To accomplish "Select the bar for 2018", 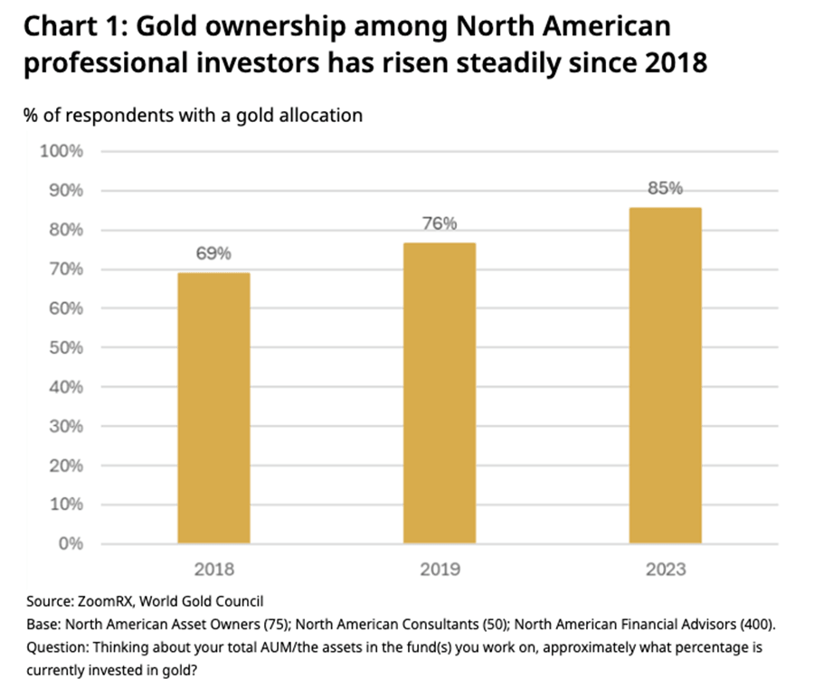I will pyautogui.click(x=213, y=408).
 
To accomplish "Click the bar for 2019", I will pyautogui.click(x=440, y=392).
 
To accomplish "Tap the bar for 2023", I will pyautogui.click(x=666, y=375).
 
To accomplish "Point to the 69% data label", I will pyautogui.click(x=213, y=254).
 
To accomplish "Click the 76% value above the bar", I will pyautogui.click(x=440, y=224).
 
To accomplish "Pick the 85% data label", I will pyautogui.click(x=666, y=189).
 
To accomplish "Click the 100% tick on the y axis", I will pyautogui.click(x=62, y=151).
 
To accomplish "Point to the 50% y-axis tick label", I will pyautogui.click(x=65, y=348).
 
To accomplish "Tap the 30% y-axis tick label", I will pyautogui.click(x=65, y=427).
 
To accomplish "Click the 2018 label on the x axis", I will pyautogui.click(x=213, y=570).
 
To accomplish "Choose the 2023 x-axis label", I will pyautogui.click(x=666, y=570).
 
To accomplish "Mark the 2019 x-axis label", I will pyautogui.click(x=440, y=570).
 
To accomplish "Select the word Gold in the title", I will pyautogui.click(x=186, y=29).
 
